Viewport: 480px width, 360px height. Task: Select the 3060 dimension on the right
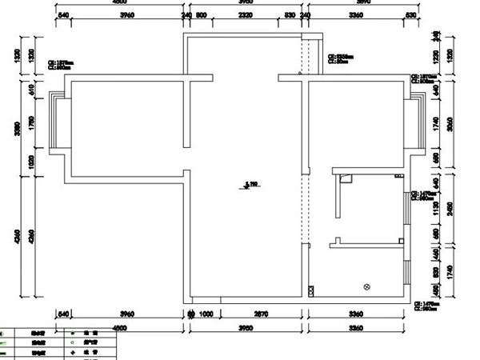point(453,126)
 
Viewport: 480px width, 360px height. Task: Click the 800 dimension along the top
point(202,15)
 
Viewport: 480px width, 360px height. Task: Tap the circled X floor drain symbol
point(367,286)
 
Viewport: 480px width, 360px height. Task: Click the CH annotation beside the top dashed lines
point(341,58)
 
